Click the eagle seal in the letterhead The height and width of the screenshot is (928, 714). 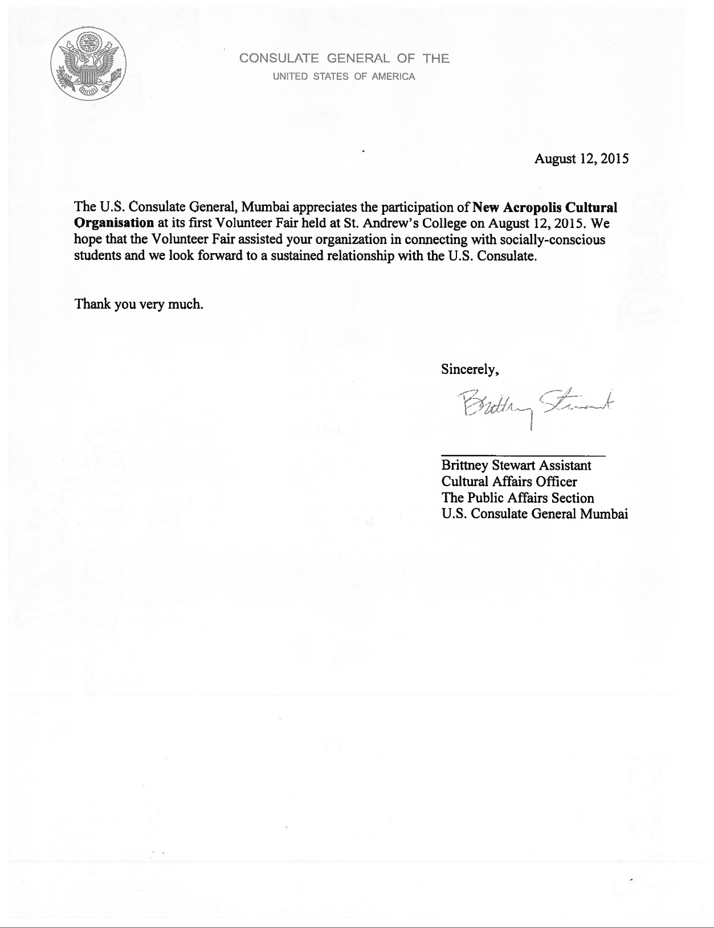[x=88, y=64]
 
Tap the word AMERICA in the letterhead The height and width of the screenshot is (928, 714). [x=393, y=76]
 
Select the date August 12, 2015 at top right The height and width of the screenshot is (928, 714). [x=581, y=158]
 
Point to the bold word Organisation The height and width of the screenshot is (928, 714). [x=114, y=223]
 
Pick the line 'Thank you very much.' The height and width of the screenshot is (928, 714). [x=139, y=304]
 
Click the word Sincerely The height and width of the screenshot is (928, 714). [x=470, y=369]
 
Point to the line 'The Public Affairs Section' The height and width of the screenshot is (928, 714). [x=517, y=498]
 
